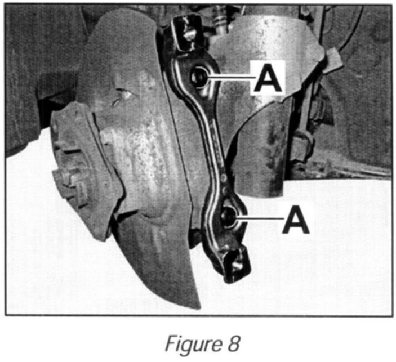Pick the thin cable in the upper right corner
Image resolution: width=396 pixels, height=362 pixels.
[x=353, y=34]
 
